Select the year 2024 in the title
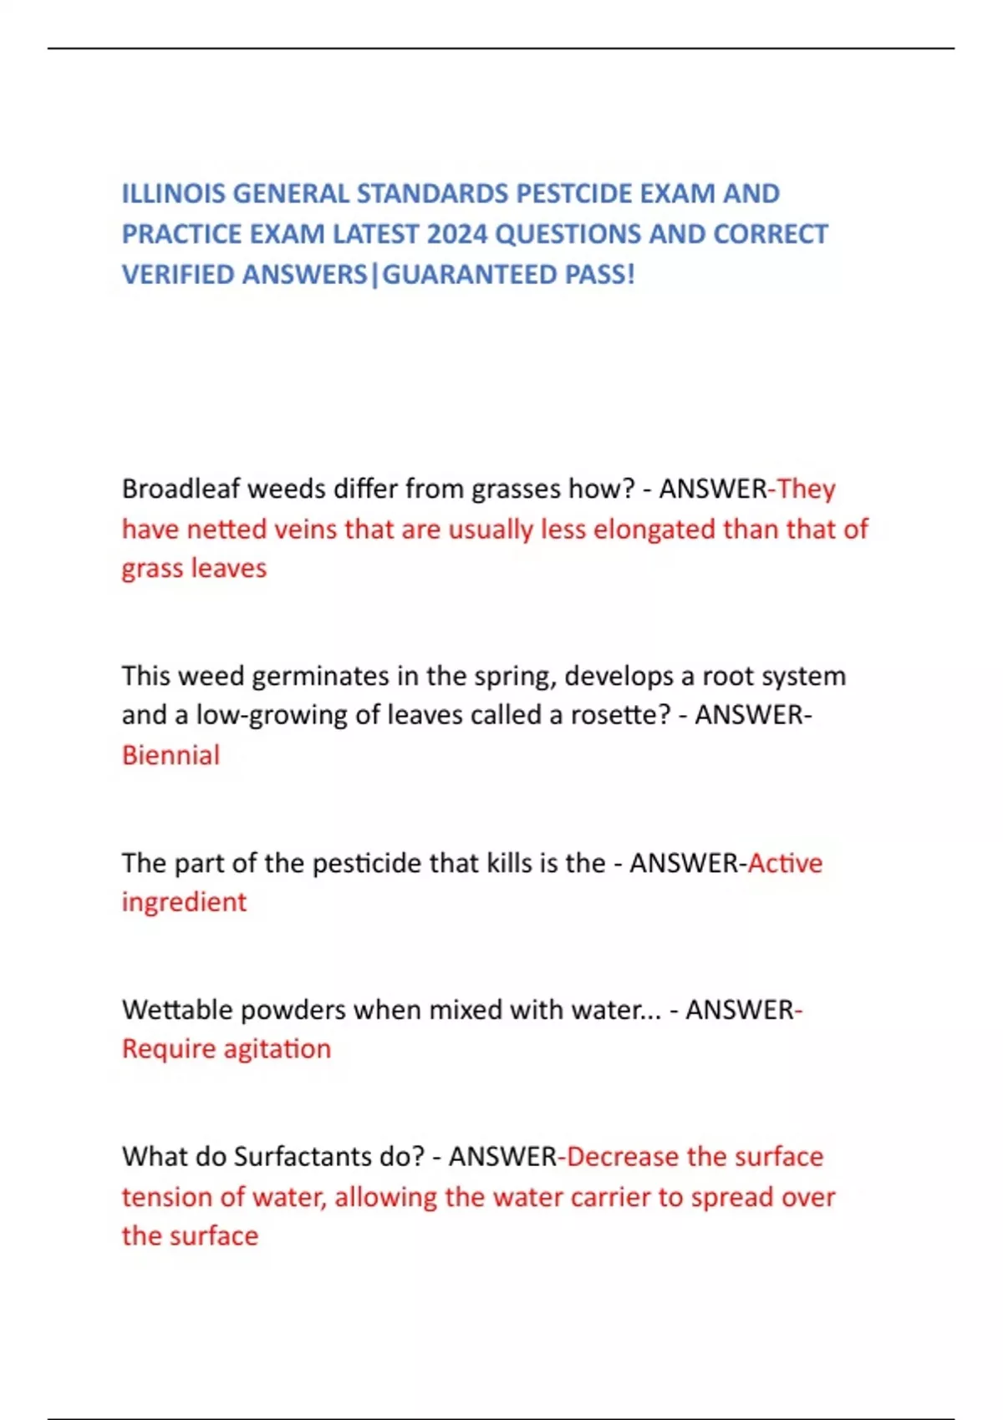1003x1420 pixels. (457, 235)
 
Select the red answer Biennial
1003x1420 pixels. (171, 756)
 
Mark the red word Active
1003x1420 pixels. (785, 863)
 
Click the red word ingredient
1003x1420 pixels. (184, 903)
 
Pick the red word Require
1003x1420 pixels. (169, 1049)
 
